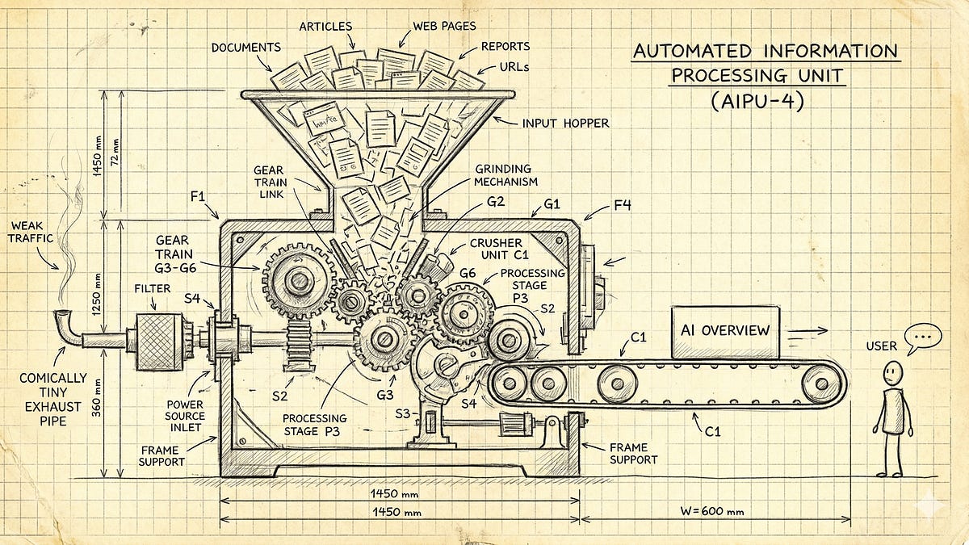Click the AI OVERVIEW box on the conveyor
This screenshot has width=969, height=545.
tap(724, 332)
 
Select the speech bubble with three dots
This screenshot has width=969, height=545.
tap(922, 337)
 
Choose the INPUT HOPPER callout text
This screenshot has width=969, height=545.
tap(564, 124)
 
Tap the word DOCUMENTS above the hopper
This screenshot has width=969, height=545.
tap(245, 48)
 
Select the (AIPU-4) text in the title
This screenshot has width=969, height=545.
tap(757, 103)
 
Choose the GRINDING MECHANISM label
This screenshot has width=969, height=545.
tap(505, 175)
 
